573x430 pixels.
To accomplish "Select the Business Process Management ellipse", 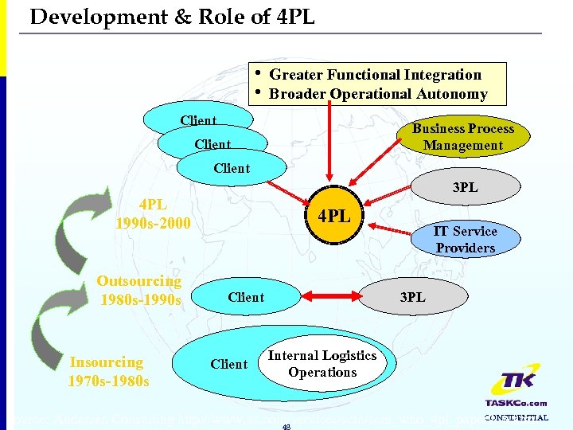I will [463, 137].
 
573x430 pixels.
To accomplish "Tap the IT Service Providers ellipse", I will [465, 239].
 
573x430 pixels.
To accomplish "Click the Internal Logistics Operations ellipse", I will [322, 364].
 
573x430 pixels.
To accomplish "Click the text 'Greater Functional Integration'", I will [375, 75].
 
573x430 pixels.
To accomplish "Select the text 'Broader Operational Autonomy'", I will [378, 94].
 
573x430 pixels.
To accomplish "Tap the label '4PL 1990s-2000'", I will [152, 214].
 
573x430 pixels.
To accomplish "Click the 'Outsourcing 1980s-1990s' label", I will [139, 291].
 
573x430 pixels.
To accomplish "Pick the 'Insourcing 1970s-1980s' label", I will [107, 371].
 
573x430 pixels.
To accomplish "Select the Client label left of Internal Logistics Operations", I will [229, 364].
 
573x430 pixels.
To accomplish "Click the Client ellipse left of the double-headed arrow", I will [245, 297].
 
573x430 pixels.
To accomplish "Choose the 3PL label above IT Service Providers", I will [465, 189].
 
